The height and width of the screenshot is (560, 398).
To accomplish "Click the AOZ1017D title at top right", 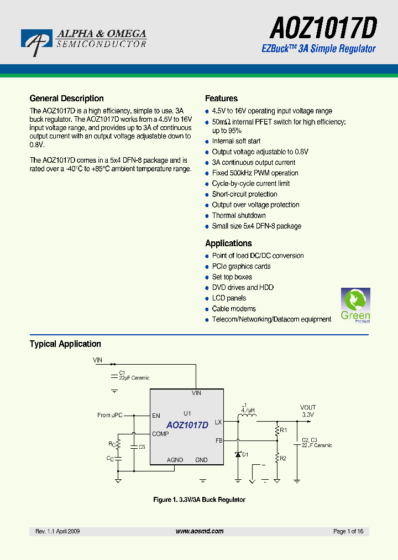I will coord(323,27).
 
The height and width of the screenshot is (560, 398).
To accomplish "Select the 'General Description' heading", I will coord(66,98).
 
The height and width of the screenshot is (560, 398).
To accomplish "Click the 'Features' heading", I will coord(221,98).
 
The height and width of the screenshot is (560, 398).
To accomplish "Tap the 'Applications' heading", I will coord(228,243).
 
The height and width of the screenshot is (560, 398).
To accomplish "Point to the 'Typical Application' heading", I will coord(65,344).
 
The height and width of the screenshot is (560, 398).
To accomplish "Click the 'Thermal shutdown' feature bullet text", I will coord(239,216).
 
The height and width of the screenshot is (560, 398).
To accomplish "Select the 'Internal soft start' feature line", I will coord(236,142).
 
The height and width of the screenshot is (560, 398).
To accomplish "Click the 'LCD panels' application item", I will coord(229,298).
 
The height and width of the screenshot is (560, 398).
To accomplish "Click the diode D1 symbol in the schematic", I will coord(238,454).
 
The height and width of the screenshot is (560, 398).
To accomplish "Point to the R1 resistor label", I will coord(284,430).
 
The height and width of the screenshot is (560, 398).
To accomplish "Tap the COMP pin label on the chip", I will coord(161,434).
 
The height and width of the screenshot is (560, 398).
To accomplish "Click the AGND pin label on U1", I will coord(175,460).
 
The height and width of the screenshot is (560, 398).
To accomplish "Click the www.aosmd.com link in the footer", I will coord(200,531).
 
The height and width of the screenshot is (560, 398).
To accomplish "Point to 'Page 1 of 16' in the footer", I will coord(348,531).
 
